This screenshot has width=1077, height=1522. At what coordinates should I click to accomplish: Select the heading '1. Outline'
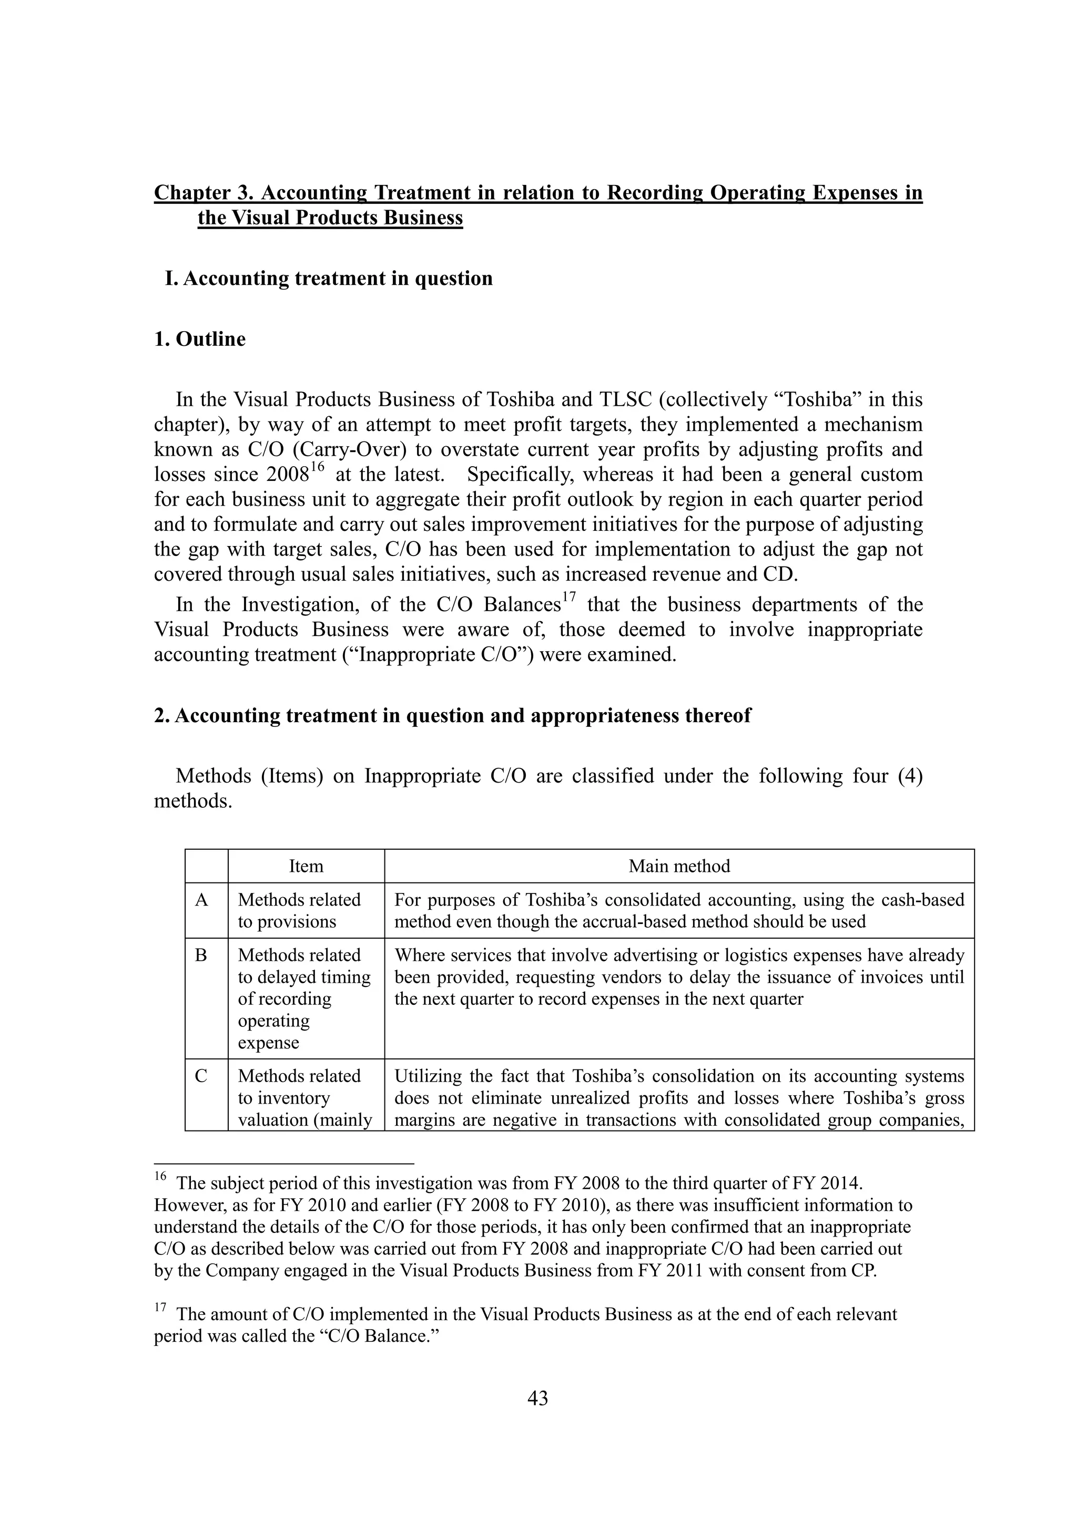coord(200,339)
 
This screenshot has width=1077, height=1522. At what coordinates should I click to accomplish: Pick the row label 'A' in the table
coord(201,900)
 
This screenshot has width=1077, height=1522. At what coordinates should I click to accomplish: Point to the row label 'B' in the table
coord(201,955)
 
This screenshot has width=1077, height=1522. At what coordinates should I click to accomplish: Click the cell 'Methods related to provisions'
coord(299,910)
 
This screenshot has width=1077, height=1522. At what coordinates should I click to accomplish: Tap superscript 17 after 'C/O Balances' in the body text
coord(569,598)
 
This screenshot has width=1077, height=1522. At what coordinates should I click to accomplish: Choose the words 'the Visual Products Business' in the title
coord(330,218)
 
